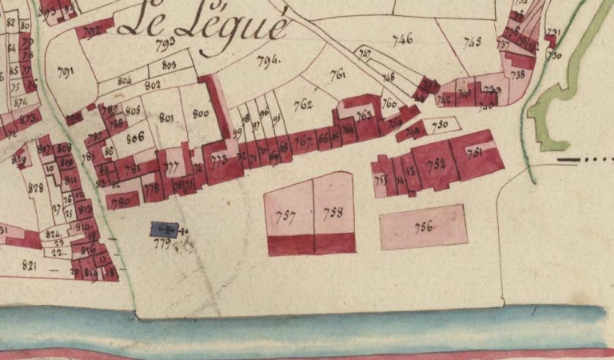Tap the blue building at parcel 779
163,229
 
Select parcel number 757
286,216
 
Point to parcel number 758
333,212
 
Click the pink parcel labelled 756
423,226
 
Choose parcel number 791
66,72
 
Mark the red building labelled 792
94,32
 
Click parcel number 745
472,42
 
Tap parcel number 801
166,118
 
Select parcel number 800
200,114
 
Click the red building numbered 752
436,164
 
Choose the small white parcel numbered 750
439,126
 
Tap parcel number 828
34,187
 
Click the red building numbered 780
122,201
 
